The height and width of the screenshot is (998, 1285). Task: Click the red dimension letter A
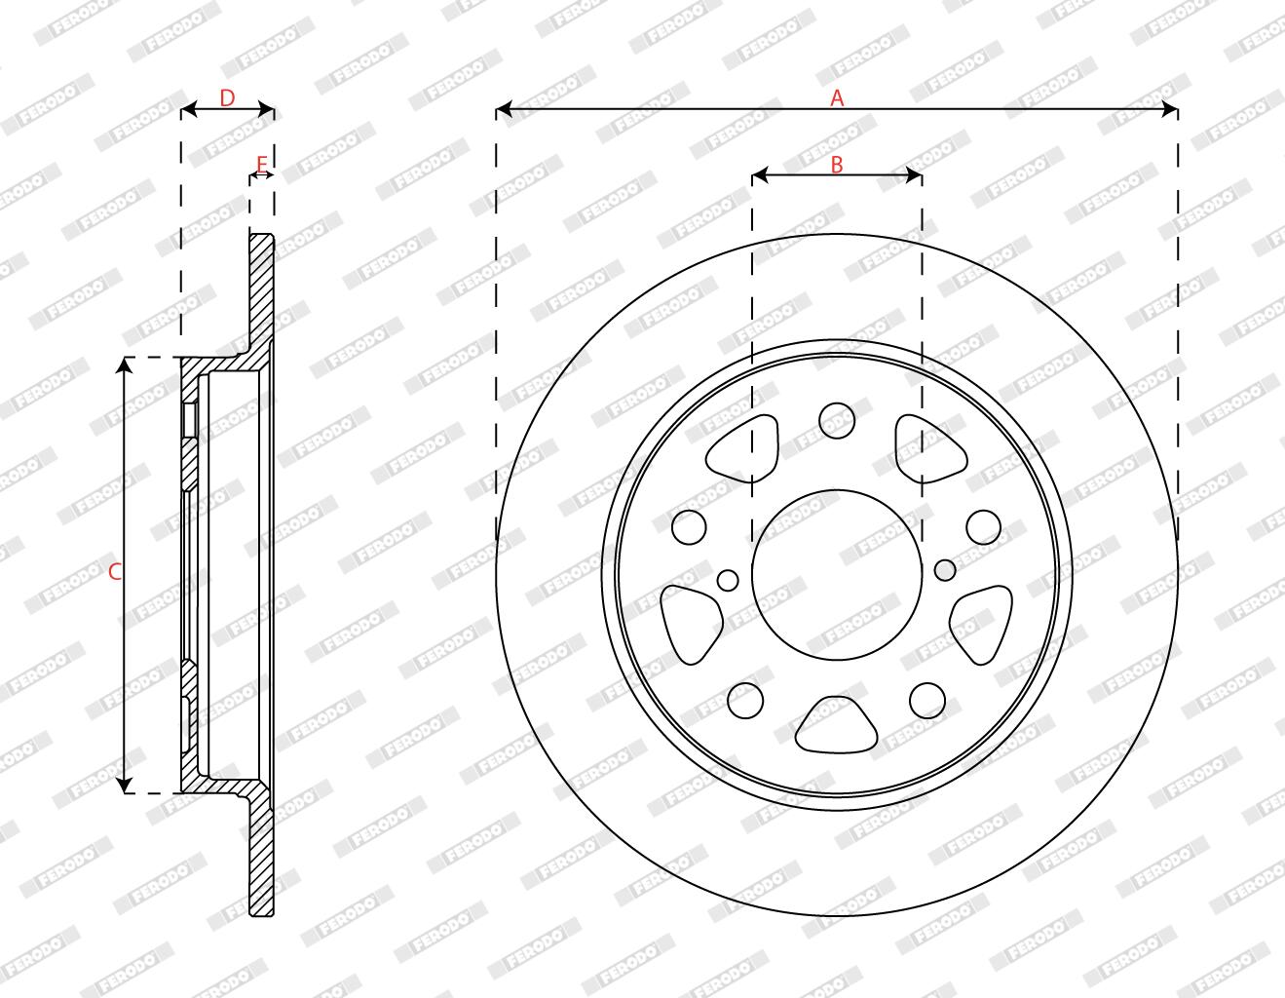837,98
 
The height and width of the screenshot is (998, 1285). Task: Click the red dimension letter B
837,165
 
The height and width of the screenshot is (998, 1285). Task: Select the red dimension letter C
115,572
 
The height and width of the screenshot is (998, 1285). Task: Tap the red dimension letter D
227,98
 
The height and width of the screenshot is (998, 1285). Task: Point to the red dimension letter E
262,164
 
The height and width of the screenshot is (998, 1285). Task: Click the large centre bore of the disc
837,574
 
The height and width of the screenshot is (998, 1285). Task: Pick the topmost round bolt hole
837,421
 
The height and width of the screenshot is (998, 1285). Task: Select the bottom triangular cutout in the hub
836,725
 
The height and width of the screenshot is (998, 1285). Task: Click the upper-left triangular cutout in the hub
742,447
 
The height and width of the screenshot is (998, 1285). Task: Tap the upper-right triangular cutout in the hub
930,447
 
